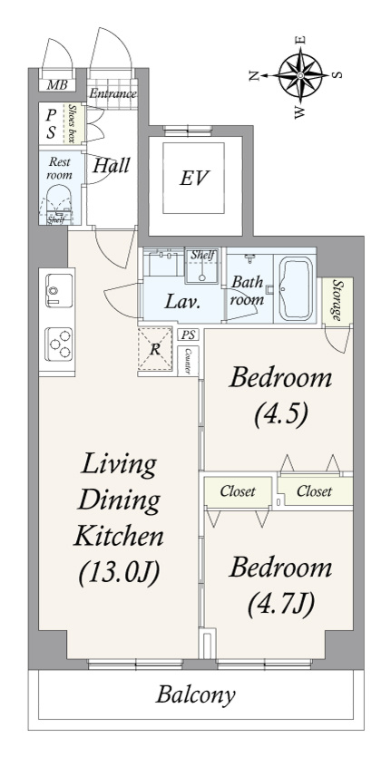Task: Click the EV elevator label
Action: (x=194, y=179)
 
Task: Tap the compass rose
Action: (x=300, y=75)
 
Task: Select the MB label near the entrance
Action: (x=57, y=85)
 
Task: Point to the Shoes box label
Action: (x=72, y=123)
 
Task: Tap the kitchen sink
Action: (x=59, y=291)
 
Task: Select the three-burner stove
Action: (x=58, y=344)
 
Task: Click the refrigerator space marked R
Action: (x=154, y=349)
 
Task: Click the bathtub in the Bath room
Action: (x=294, y=290)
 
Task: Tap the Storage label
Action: (x=337, y=301)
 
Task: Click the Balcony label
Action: (x=195, y=695)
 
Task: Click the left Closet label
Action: (x=238, y=491)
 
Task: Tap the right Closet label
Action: (x=314, y=491)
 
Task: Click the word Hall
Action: (x=112, y=166)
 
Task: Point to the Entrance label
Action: (x=112, y=93)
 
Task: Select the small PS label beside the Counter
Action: (x=188, y=335)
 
